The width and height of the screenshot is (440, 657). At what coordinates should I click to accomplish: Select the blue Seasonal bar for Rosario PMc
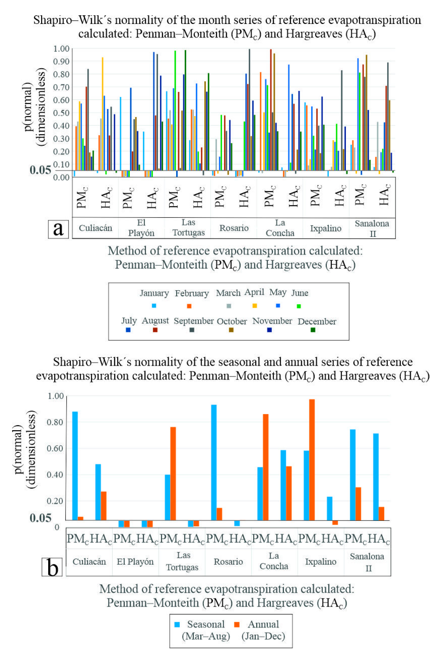point(214,463)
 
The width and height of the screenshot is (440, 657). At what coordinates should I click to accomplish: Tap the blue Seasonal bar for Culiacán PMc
point(75,466)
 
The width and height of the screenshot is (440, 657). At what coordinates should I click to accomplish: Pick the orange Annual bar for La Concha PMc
point(265,467)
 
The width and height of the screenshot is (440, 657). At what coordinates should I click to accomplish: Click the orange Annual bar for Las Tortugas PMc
point(173,474)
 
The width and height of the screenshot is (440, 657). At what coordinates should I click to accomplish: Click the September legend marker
point(192,330)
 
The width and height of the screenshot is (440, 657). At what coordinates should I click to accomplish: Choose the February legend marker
point(189,306)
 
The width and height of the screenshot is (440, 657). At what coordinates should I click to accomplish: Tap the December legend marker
point(313,330)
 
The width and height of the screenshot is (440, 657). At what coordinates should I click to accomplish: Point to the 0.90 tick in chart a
point(61,61)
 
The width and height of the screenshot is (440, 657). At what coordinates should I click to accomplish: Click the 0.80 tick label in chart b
point(55,422)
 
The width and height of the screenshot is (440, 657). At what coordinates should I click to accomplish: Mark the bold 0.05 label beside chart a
point(41,170)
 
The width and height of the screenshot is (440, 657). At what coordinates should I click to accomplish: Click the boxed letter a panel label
point(58,229)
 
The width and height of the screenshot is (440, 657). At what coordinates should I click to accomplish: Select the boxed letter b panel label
point(52,567)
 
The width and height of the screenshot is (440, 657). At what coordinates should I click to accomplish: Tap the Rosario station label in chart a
point(234,228)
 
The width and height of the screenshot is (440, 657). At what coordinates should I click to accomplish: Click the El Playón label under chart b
point(135,562)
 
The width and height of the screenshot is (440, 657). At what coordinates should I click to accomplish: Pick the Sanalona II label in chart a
point(372,228)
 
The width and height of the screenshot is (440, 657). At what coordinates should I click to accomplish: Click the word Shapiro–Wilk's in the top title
point(72,20)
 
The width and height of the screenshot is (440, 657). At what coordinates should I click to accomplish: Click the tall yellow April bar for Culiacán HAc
point(102,114)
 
